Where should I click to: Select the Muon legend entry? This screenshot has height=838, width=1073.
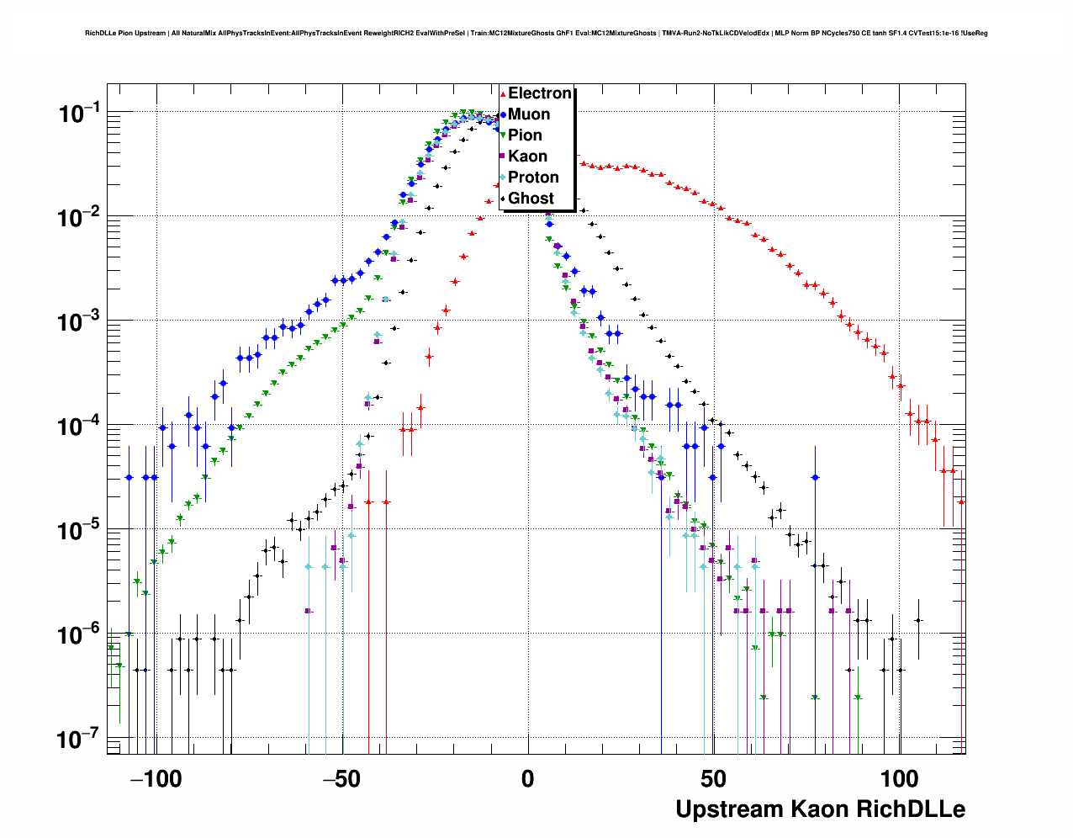tap(529, 114)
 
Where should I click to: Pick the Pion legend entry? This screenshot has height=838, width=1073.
tap(525, 135)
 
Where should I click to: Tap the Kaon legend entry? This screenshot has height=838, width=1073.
tap(527, 156)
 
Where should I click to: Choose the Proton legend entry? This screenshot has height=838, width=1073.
tap(533, 178)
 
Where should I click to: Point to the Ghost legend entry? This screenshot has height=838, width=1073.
tap(531, 199)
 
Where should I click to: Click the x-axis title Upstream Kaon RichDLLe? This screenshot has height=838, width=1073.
tap(820, 809)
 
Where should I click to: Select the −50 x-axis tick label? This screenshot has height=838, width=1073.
tap(342, 779)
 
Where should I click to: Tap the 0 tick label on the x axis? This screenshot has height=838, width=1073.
tap(527, 779)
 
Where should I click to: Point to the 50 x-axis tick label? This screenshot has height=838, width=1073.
tap(713, 779)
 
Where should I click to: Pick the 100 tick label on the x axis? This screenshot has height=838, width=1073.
tap(899, 779)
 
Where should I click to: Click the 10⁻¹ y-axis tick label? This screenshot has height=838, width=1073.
tap(79, 113)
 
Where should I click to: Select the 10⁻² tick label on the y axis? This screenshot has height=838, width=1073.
tap(79, 217)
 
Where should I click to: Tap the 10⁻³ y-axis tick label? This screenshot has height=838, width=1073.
tap(79, 321)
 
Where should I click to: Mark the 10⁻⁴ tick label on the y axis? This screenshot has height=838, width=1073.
tap(79, 426)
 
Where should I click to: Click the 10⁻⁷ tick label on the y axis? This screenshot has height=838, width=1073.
tap(79, 740)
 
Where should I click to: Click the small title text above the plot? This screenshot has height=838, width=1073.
tap(536, 34)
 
